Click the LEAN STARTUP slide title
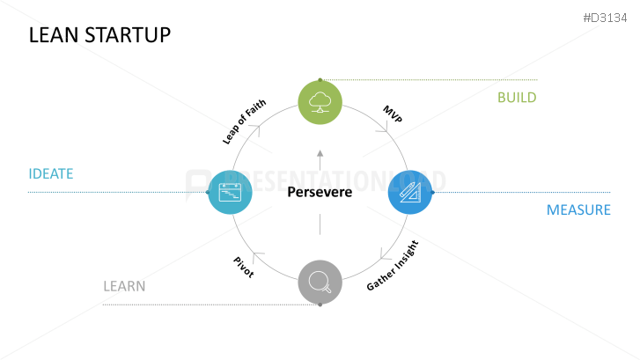[x=99, y=35]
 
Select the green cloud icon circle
[x=320, y=100]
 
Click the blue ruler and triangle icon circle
[x=410, y=192]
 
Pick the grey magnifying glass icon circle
[x=320, y=282]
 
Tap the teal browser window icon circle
[x=230, y=192]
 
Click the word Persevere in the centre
[x=320, y=192]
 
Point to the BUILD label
[x=517, y=97]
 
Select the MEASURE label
[x=578, y=210]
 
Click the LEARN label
[x=124, y=286]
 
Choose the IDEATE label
[x=50, y=173]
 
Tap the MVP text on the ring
[x=393, y=114]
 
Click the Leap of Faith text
[x=244, y=121]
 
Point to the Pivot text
[x=244, y=267]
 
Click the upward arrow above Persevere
[x=320, y=155]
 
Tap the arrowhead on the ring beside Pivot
[x=257, y=256]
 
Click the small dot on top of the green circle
[x=320, y=79]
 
